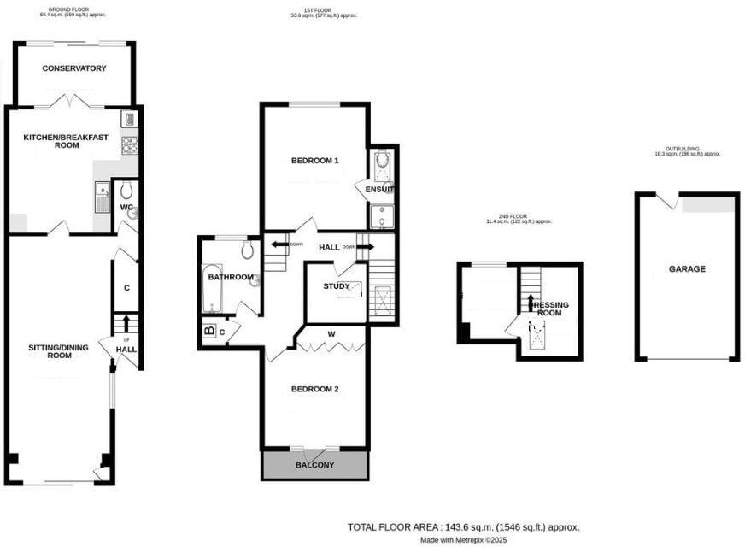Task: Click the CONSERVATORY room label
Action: tap(73, 68)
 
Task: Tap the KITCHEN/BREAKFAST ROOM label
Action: tap(50, 141)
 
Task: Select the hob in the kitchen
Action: tap(130, 145)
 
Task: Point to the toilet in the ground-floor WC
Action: tap(126, 190)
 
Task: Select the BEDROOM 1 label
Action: tap(314, 160)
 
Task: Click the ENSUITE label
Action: tap(379, 189)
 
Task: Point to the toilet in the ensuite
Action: tap(382, 161)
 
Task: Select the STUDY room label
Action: tap(336, 286)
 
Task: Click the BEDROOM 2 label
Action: tap(314, 389)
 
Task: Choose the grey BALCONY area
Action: tap(314, 464)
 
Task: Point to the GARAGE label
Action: tap(687, 268)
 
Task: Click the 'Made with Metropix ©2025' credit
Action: tap(464, 540)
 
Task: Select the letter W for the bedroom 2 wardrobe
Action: tap(331, 333)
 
